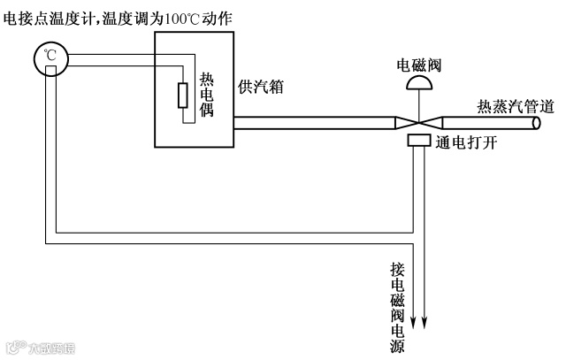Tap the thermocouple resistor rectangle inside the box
[x=182, y=95]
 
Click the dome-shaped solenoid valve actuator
[x=419, y=83]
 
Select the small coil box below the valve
[x=418, y=142]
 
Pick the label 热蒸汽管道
[x=515, y=107]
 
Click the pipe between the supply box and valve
[x=310, y=122]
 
